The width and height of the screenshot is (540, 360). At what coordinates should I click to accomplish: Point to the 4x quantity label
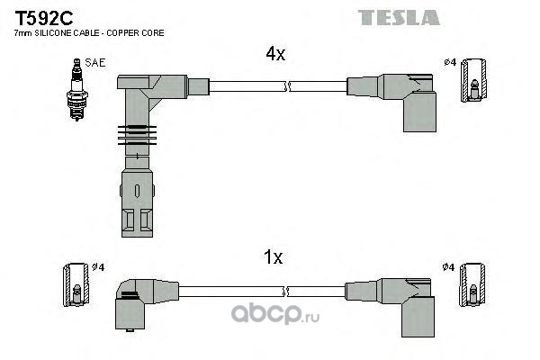(x=274, y=54)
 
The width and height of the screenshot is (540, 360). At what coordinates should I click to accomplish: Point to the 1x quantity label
(x=274, y=257)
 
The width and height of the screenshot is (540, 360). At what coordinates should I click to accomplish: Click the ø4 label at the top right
(x=450, y=62)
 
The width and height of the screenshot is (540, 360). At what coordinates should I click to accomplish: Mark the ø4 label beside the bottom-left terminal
(x=100, y=267)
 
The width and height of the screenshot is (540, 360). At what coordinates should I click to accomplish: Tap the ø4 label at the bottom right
(x=450, y=267)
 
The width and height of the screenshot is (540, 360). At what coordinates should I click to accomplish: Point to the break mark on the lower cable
(x=286, y=291)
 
